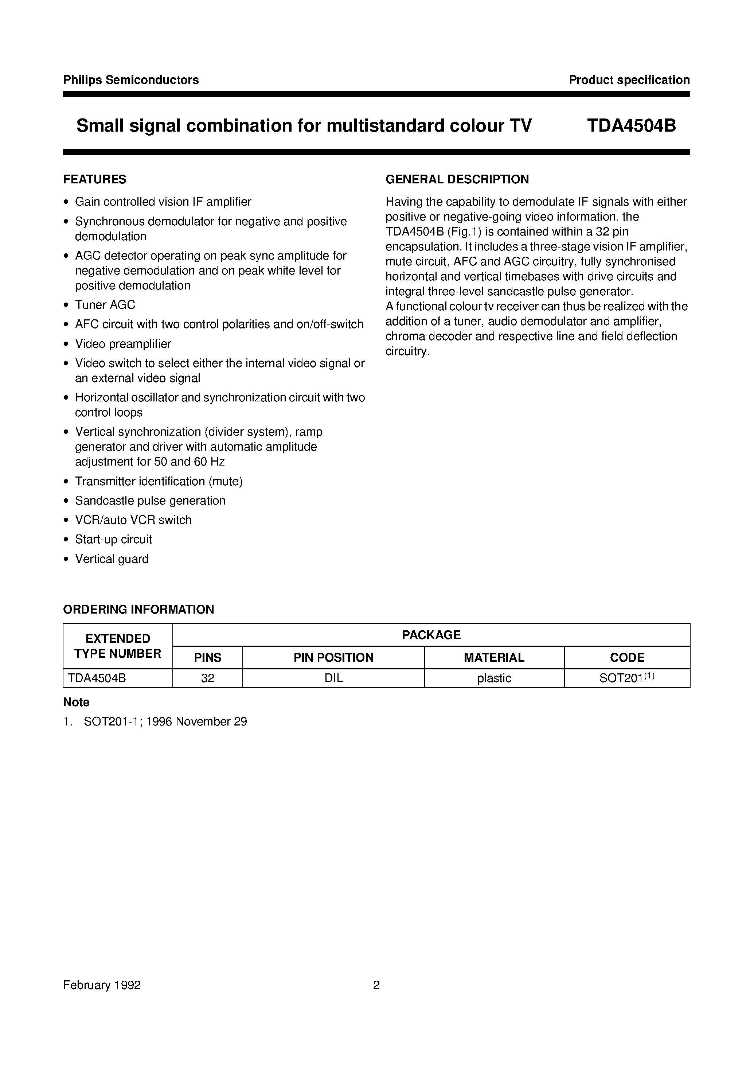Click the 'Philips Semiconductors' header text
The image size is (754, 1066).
click(x=131, y=80)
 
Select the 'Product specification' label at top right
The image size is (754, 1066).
click(x=629, y=80)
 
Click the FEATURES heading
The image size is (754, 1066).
click(x=95, y=179)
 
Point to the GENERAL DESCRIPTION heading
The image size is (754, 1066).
click(x=457, y=179)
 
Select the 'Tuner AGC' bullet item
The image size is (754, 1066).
click(x=105, y=305)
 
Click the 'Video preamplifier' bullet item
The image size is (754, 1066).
click(x=123, y=344)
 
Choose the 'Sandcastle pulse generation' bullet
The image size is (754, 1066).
click(x=150, y=500)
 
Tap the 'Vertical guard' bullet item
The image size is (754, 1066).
click(x=112, y=559)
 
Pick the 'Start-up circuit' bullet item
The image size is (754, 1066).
click(x=113, y=539)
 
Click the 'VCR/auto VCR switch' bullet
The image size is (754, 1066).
click(x=133, y=520)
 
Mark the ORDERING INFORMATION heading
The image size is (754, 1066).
click(x=138, y=610)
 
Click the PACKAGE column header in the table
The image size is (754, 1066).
click(x=431, y=635)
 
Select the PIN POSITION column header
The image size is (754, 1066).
click(x=333, y=658)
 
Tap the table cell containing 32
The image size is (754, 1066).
click(x=207, y=678)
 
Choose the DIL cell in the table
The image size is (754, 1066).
click(x=333, y=678)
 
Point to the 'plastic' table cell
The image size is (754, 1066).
click(x=494, y=678)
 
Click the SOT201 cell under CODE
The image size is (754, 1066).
click(x=626, y=678)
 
